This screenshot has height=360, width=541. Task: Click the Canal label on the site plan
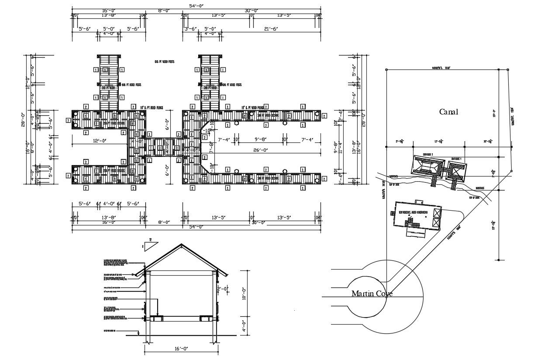tap(448, 112)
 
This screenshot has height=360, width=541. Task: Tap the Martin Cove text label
tap(372, 294)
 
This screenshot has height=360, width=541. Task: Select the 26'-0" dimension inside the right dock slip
tap(260, 150)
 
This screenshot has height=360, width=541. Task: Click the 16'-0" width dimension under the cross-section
tap(181, 348)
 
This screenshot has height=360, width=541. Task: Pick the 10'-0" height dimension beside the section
tap(243, 293)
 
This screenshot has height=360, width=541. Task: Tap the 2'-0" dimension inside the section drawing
tap(223, 289)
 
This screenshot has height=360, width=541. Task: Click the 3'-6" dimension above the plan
tap(191, 29)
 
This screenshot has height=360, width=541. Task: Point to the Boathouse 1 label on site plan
tap(456, 158)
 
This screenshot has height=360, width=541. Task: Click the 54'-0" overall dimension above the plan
tap(196, 5)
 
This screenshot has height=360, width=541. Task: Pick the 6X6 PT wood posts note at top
tap(164, 62)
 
